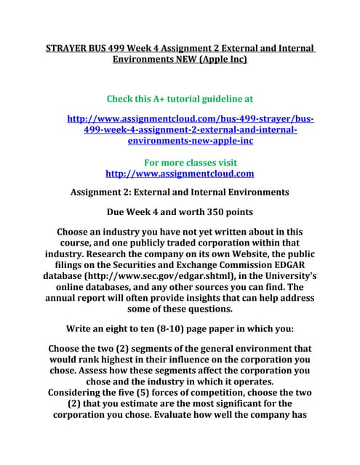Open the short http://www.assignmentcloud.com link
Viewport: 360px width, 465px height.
[x=180, y=174]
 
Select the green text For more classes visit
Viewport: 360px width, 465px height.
[x=191, y=162]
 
